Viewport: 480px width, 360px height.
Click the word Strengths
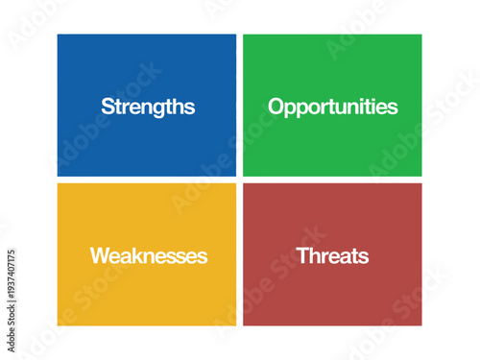coord(148,107)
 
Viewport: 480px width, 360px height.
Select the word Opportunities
coord(333,107)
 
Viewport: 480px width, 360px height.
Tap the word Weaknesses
coord(149,256)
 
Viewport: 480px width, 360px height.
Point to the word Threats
coord(333,256)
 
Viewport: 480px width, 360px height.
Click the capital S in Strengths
coord(108,107)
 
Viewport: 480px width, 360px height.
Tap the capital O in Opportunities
coord(276,107)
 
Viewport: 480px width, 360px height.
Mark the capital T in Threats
coord(302,256)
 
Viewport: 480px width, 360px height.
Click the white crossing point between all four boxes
coord(239,180)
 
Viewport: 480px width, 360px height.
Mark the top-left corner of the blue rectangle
coord(58,36)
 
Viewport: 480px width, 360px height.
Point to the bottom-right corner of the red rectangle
coord(420,324)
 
